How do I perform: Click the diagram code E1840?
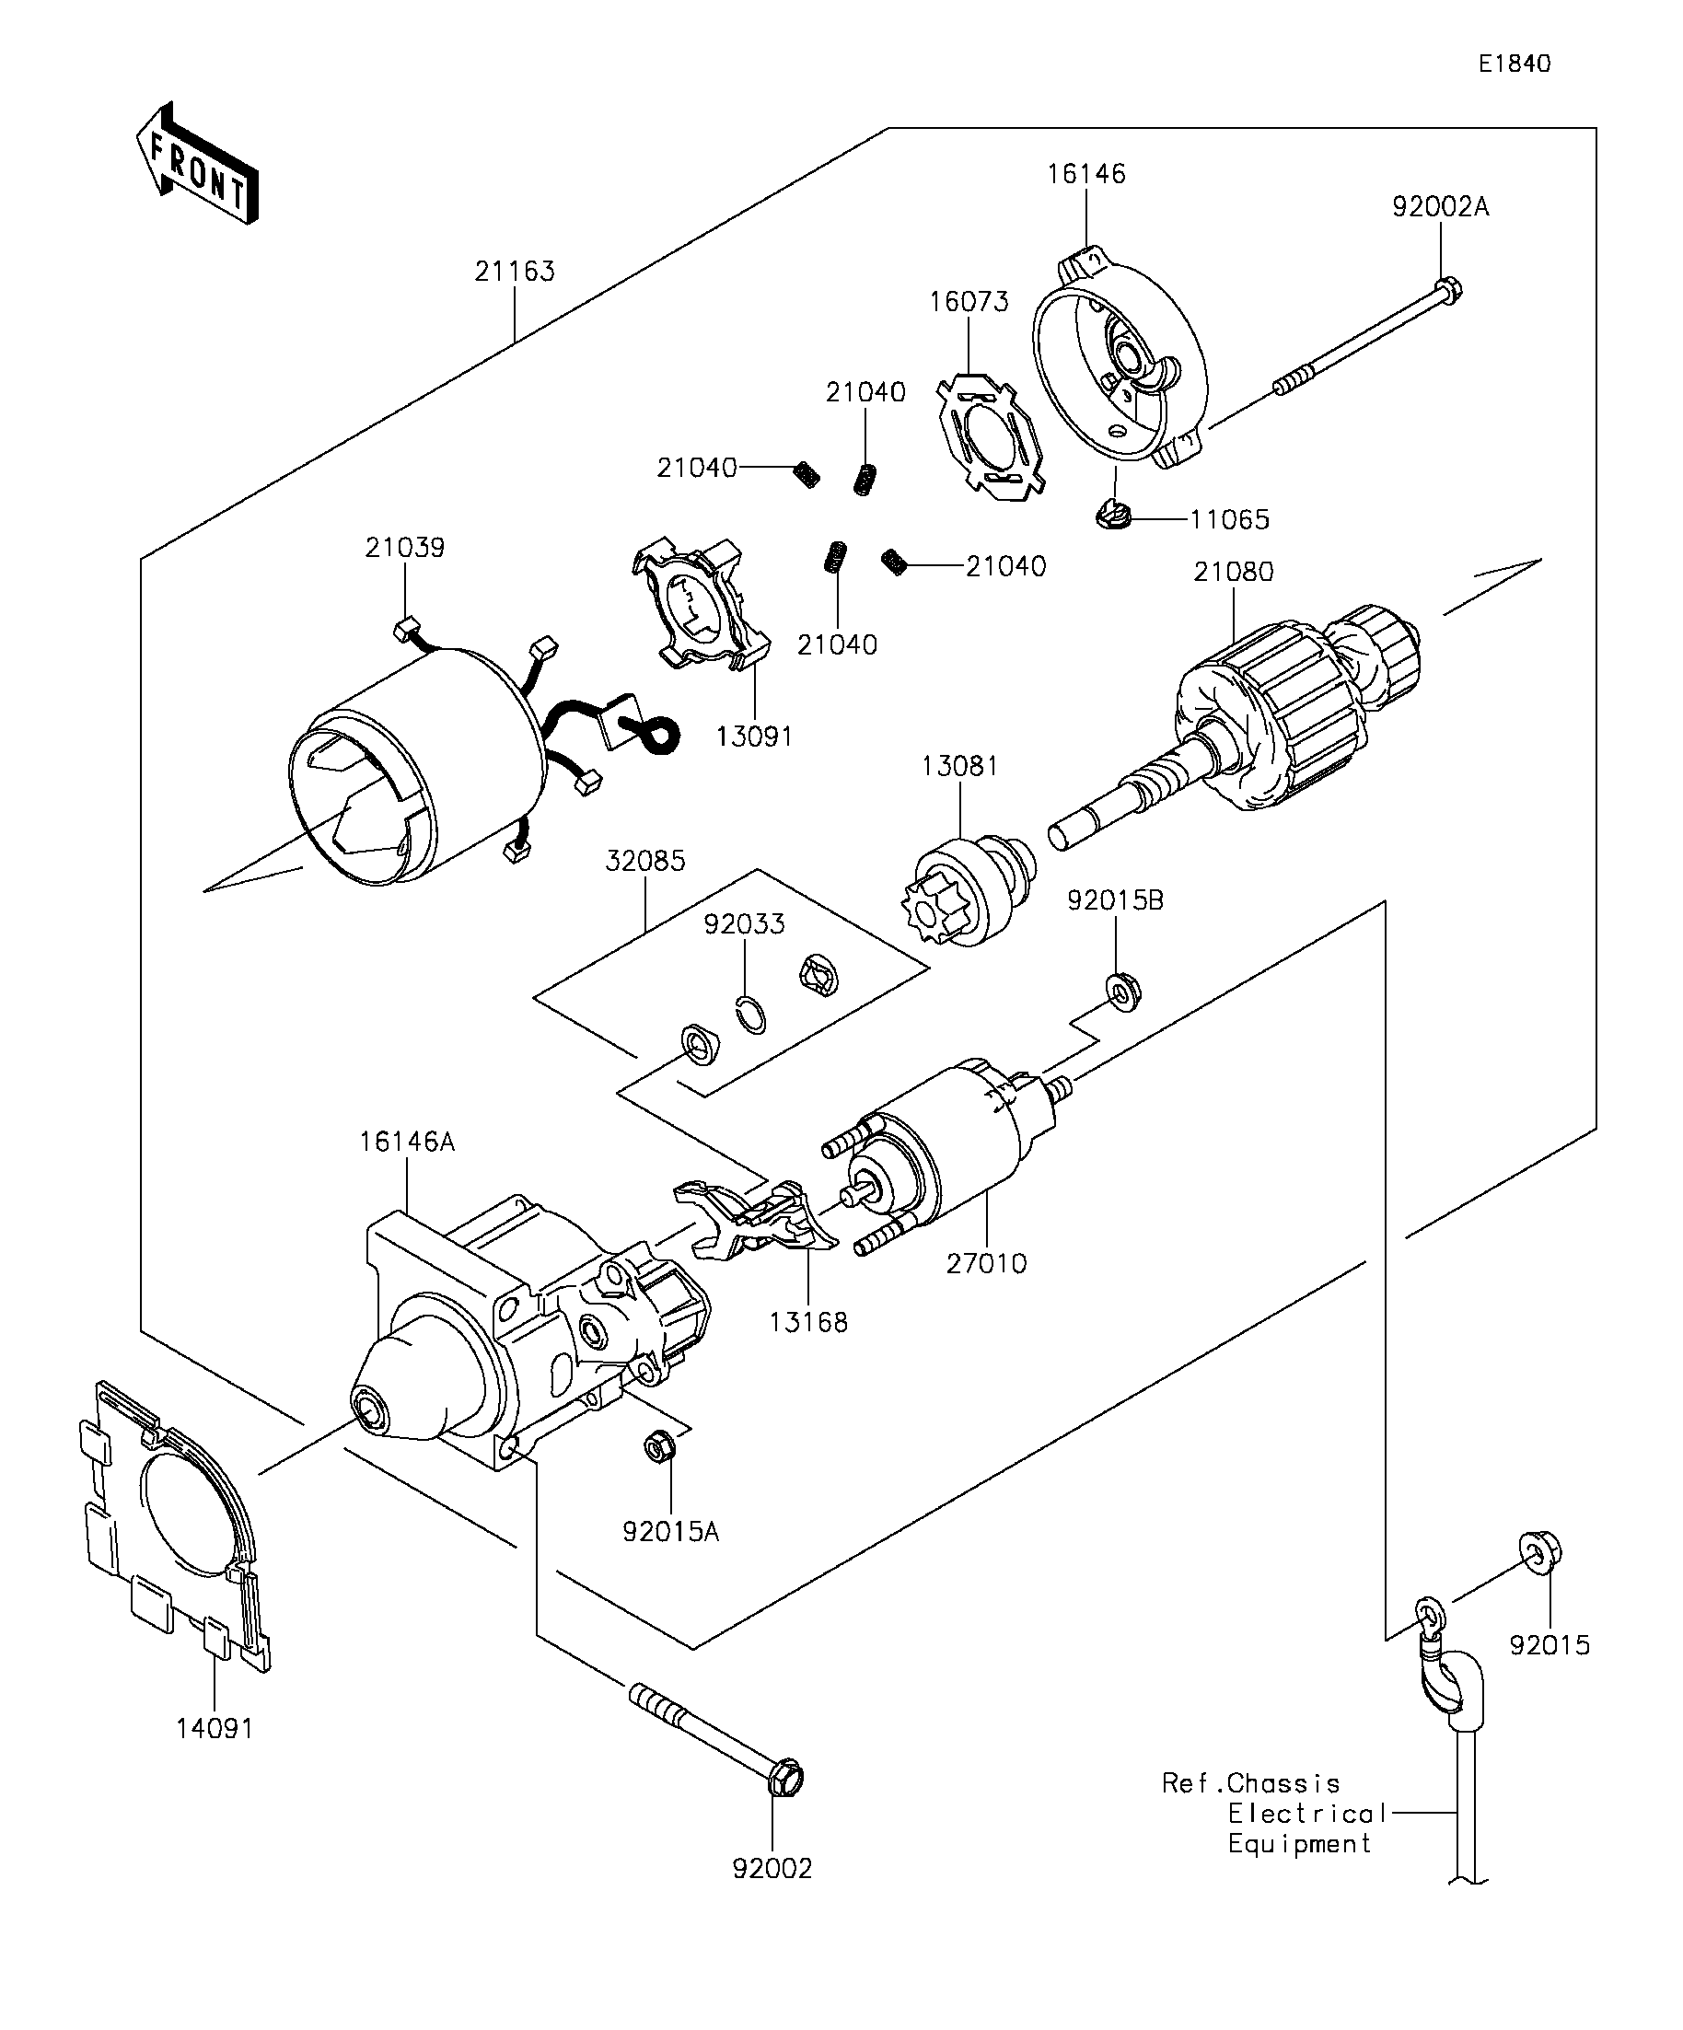(x=1514, y=64)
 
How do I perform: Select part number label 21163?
(x=515, y=272)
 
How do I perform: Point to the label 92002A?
(x=1439, y=207)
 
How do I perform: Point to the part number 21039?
(x=404, y=548)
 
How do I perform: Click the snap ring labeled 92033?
(x=751, y=1015)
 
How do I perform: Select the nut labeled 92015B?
(x=1122, y=990)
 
